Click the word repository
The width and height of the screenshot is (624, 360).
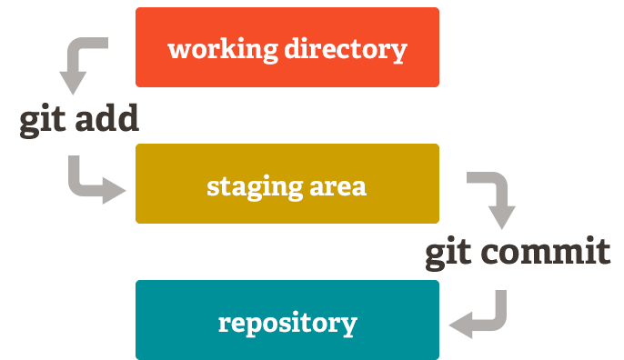point(287,323)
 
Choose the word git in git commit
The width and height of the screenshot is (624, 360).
point(449,253)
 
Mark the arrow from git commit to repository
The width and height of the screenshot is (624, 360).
point(487,315)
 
